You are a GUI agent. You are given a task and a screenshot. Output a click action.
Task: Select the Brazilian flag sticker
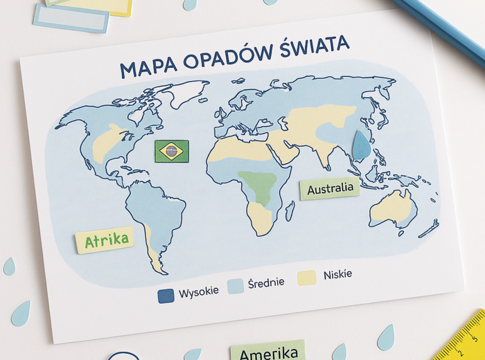pos(172,151)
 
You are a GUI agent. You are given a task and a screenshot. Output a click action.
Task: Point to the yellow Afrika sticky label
pos(105,240)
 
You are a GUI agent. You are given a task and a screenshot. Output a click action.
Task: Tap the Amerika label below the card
pos(268,352)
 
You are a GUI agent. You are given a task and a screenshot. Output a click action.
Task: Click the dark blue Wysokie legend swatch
pos(166,296)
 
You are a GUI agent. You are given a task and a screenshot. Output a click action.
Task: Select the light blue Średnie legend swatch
pos(236,285)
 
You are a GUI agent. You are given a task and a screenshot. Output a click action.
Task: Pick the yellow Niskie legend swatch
pos(306,278)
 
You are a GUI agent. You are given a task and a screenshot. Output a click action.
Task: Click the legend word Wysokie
pos(198,292)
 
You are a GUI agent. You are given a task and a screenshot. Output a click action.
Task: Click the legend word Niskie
pos(337,275)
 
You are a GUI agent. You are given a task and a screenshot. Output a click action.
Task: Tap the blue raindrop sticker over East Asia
pos(361,146)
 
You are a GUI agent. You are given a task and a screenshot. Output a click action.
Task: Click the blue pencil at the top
pos(443,31)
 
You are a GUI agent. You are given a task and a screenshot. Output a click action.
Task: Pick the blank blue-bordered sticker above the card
pos(71,18)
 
